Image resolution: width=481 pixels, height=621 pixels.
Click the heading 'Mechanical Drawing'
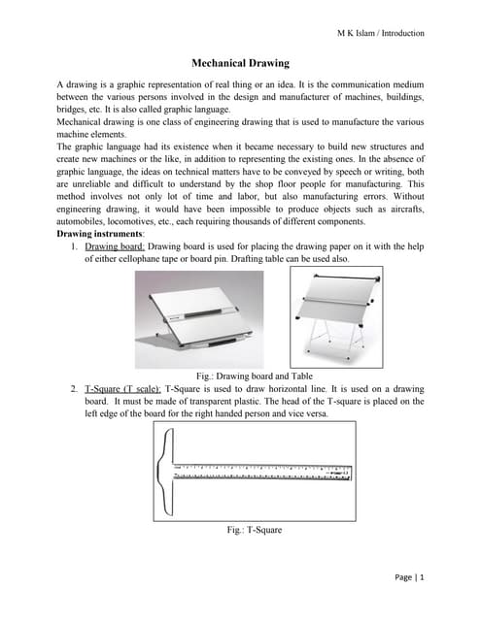click(240, 64)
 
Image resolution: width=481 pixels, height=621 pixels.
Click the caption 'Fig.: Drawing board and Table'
click(240, 375)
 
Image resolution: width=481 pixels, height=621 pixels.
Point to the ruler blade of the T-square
click(262, 472)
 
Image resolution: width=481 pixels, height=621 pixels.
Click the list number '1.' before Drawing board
click(75, 247)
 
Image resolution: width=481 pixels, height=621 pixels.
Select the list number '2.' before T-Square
click(75, 387)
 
